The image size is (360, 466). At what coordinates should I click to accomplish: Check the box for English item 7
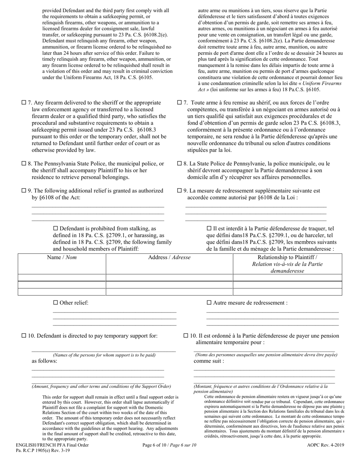click(x=23, y=103)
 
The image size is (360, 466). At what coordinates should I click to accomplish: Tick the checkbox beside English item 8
click(x=23, y=164)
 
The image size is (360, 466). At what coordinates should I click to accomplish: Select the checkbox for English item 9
click(x=23, y=191)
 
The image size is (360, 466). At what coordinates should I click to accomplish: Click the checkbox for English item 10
click(x=23, y=336)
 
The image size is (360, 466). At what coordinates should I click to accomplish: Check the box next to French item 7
click(x=180, y=103)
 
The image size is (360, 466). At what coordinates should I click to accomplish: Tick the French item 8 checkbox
click(x=180, y=164)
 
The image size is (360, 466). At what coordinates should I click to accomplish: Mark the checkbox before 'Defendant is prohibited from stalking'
click(x=55, y=228)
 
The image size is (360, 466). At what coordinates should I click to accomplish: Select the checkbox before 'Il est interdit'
click(x=209, y=228)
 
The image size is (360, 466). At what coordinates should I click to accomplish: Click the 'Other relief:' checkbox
click(x=55, y=303)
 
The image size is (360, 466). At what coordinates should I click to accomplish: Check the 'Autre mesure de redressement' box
click(x=209, y=303)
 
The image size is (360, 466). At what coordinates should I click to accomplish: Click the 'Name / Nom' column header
click(x=62, y=258)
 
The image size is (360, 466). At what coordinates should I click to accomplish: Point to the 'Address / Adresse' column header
click(x=169, y=258)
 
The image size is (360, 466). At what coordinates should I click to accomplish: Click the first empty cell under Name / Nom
click(x=62, y=277)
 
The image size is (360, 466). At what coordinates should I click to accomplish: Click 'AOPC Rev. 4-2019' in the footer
click(x=326, y=445)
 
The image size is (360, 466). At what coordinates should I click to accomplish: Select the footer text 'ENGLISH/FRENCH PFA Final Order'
click(x=52, y=445)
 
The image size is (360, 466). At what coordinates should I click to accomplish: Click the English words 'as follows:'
click(x=44, y=361)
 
